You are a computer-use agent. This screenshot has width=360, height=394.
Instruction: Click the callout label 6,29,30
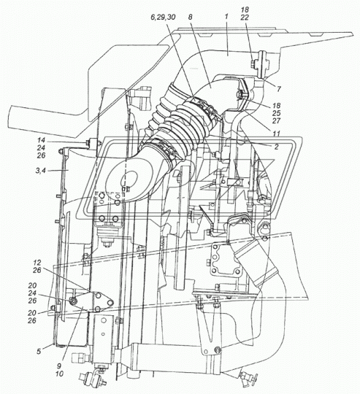(163, 18)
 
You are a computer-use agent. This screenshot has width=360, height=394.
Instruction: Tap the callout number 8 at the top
(190, 18)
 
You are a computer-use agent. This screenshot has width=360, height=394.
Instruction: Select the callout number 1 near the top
(226, 18)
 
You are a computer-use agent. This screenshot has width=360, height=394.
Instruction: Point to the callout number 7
(278, 89)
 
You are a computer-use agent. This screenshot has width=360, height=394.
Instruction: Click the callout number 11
(277, 134)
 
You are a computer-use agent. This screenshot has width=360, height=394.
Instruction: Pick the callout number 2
(277, 147)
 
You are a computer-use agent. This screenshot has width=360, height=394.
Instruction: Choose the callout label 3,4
(40, 171)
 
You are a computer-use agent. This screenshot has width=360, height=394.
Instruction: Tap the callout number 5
(39, 351)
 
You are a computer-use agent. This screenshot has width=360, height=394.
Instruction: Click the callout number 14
(41, 140)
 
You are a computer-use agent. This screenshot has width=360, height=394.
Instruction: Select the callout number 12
(37, 263)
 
